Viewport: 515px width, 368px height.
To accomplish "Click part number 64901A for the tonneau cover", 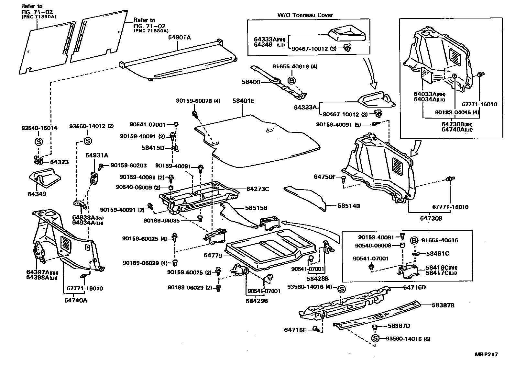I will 179,38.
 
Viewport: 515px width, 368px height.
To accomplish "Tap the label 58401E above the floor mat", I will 243,101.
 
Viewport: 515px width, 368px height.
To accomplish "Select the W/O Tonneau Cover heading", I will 305,15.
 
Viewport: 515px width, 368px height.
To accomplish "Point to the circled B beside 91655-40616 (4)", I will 291,81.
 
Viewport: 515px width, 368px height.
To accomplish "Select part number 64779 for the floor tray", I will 213,256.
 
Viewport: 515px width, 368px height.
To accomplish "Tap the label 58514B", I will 349,206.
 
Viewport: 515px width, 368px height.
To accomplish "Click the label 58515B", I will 256,208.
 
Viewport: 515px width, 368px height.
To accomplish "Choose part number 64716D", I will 414,287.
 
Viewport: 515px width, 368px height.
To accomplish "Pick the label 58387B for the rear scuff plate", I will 444,305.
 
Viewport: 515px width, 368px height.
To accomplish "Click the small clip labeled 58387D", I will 375,327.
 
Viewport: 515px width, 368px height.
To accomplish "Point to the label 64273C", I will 258,189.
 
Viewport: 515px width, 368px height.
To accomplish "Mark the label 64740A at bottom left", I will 75,300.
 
